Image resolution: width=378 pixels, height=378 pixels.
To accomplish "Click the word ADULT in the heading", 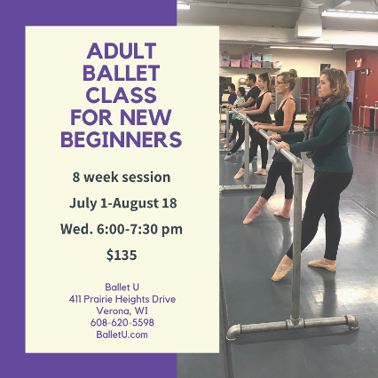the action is click(122, 51).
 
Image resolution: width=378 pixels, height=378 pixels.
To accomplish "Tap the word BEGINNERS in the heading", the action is click(122, 139).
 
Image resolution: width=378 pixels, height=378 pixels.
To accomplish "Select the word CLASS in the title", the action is click(122, 95).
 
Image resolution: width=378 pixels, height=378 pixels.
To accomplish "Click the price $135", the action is click(122, 255).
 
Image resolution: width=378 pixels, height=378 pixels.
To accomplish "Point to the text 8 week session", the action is click(122, 177).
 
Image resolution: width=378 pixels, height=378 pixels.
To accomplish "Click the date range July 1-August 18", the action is click(122, 203).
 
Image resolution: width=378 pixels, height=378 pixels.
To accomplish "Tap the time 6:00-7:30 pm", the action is click(139, 229).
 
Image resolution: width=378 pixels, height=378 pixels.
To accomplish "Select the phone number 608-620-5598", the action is click(122, 322).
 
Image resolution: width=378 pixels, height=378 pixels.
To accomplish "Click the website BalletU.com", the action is click(122, 335).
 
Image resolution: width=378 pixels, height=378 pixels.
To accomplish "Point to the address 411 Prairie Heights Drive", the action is click(122, 299).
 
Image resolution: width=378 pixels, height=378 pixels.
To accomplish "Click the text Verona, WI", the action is click(122, 311).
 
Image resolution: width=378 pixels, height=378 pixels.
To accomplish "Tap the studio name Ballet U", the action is click(122, 287).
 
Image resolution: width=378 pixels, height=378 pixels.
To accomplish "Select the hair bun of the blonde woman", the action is click(293, 72).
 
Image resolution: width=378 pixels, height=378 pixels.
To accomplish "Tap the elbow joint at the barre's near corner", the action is click(297, 163).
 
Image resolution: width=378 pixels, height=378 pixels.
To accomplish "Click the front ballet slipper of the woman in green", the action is click(282, 268).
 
